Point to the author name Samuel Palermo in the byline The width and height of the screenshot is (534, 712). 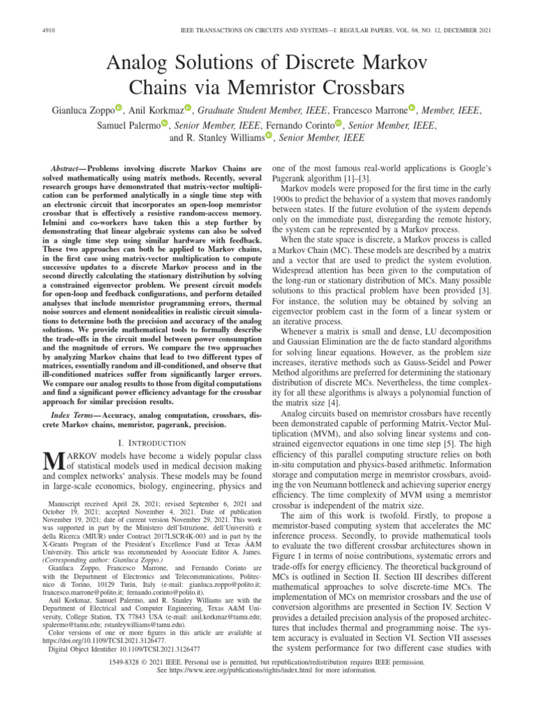point(130,124)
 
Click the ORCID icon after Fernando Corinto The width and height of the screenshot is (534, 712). point(339,124)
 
